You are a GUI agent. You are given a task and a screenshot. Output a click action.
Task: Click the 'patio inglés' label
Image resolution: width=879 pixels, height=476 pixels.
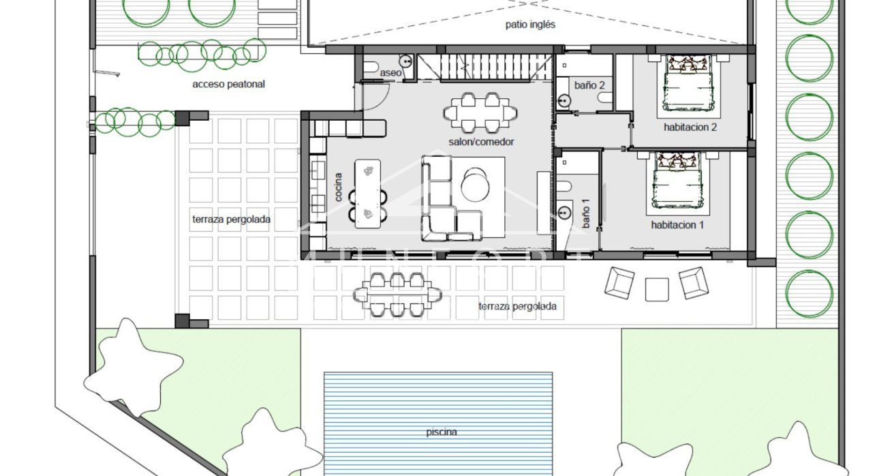[530, 25]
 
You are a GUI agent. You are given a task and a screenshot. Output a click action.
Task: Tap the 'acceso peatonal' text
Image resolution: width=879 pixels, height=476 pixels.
[228, 85]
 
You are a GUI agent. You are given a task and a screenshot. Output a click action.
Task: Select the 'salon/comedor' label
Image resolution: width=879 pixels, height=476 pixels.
[481, 142]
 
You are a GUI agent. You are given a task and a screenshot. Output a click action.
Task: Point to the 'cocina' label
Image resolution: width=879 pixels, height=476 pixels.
[339, 186]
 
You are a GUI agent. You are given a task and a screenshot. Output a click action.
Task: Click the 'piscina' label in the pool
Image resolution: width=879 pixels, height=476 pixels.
[442, 432]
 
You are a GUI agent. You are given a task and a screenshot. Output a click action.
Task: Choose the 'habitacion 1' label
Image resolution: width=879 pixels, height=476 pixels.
[677, 224]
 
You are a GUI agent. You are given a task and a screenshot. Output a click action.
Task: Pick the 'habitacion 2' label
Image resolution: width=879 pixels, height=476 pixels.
[690, 127]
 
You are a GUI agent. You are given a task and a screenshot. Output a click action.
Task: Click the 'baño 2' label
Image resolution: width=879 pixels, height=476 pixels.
[589, 85]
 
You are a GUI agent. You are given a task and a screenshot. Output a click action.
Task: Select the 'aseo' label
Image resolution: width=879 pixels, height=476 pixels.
[390, 72]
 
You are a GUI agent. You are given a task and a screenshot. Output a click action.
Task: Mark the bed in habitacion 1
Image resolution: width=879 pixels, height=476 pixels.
[677, 181]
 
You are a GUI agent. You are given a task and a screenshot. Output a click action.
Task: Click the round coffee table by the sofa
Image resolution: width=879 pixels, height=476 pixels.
[475, 183]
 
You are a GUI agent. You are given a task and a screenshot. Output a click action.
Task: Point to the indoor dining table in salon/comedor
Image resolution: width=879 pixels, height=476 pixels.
[480, 112]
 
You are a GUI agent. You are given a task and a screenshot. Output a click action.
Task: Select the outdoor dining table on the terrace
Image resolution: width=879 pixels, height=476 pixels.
[397, 294]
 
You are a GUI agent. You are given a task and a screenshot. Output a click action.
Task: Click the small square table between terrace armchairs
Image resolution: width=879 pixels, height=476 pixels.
[657, 289]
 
